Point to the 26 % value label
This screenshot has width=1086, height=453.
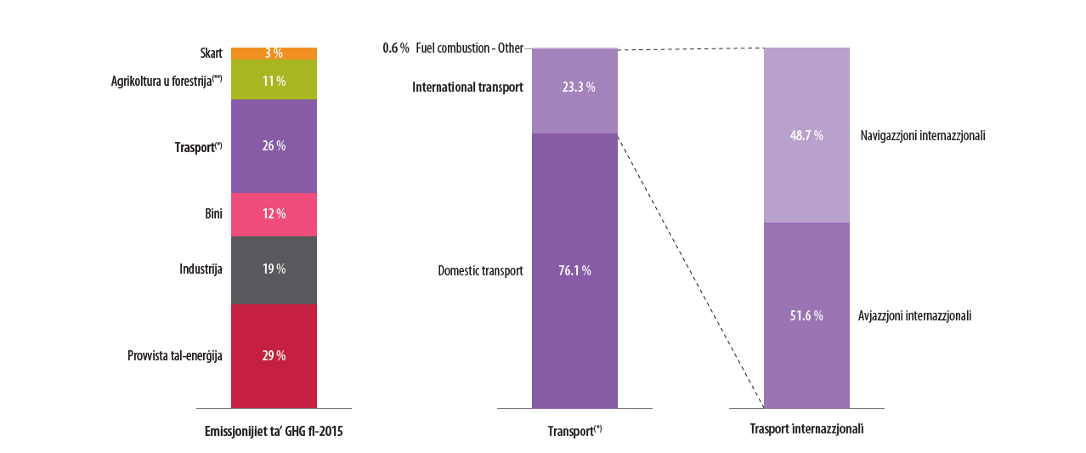pos(274,146)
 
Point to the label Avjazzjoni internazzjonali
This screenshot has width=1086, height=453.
pos(914,316)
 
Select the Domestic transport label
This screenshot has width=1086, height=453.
pos(480,271)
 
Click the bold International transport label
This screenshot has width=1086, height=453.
pos(467,88)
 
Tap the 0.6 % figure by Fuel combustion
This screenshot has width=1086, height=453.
pos(396,48)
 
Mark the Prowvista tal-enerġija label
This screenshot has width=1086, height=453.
pos(175,356)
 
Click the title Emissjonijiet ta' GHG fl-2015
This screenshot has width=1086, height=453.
pos(274,432)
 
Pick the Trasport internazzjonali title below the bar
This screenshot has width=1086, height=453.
pos(806,429)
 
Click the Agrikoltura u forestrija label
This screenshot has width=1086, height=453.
pos(167,81)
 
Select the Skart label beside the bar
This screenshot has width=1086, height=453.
pos(211,54)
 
